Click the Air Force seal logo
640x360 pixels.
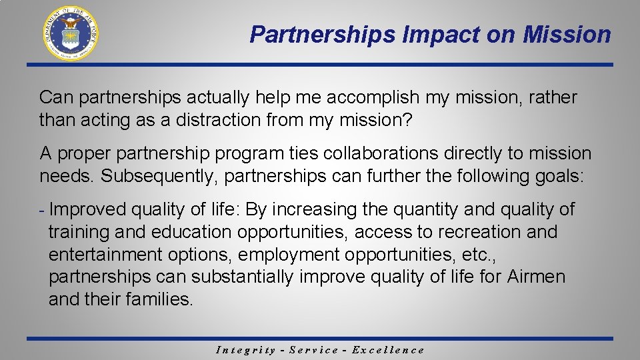click(x=71, y=33)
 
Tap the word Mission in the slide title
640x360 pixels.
click(x=567, y=35)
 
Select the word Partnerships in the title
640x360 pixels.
click(x=323, y=35)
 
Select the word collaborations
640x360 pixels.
click(x=380, y=153)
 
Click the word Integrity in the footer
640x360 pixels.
click(x=246, y=350)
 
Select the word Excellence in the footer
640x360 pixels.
click(x=387, y=350)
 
